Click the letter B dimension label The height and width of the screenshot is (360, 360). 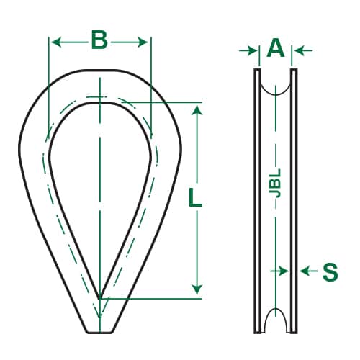point(99,40)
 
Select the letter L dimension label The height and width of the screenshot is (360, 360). point(195,197)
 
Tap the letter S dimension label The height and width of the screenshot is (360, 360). point(330,272)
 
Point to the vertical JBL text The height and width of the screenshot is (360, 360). point(276,183)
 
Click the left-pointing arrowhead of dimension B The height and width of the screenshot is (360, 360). point(55,42)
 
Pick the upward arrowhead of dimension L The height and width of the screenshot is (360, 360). point(197,111)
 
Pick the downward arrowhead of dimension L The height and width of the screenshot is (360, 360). point(197,289)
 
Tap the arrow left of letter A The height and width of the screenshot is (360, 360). point(248,50)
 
